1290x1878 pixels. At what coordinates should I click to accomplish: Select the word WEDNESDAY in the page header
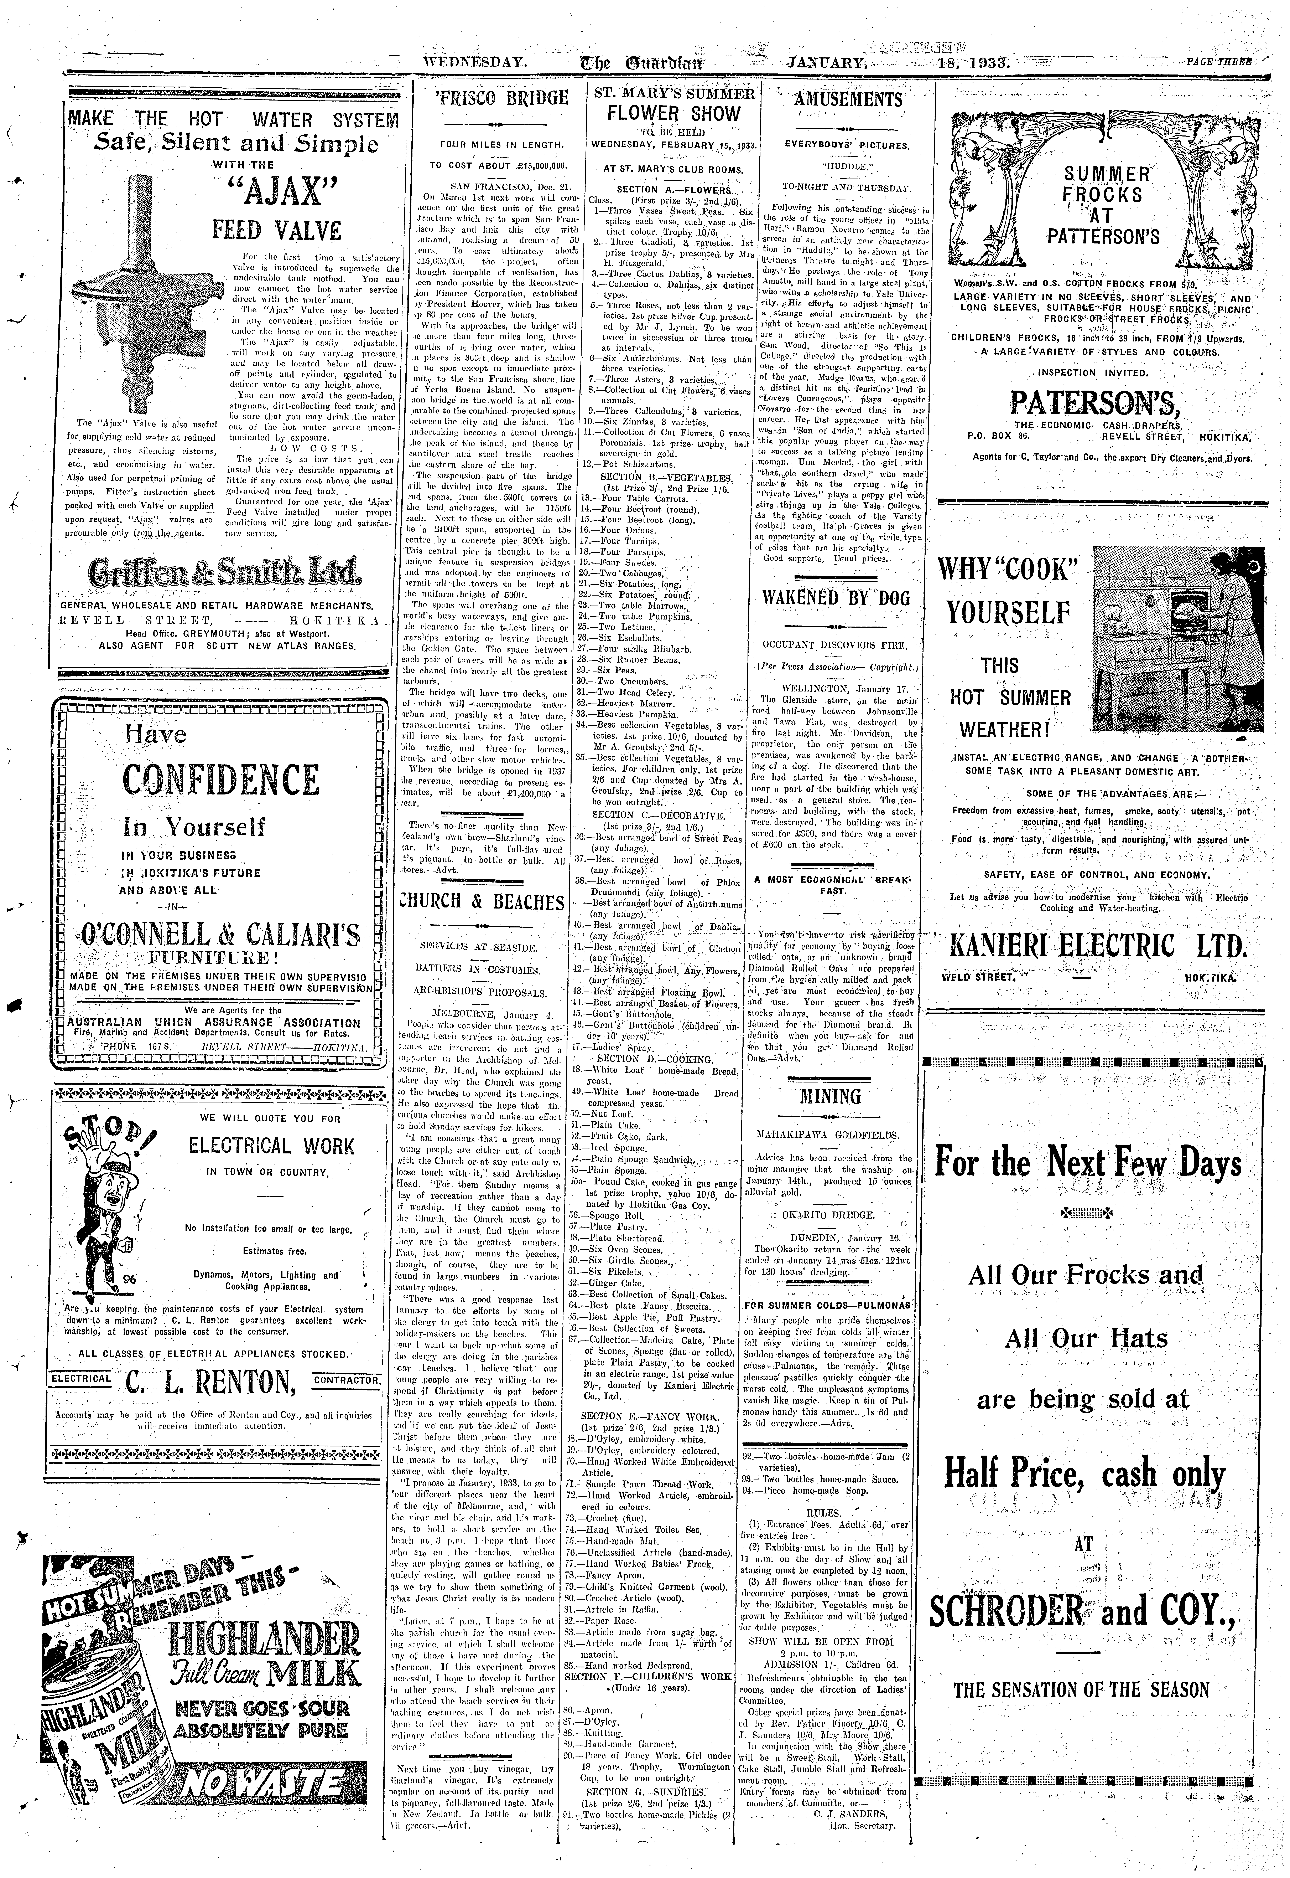[x=475, y=62]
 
